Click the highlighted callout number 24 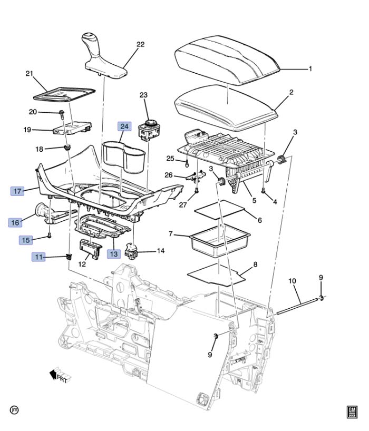[x=124, y=126]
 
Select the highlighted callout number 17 [x=18, y=191]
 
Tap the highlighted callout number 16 [x=15, y=222]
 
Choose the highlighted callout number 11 [x=38, y=257]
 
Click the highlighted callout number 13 [x=114, y=253]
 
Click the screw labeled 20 [x=62, y=112]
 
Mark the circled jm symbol [x=14, y=409]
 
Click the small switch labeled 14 [x=133, y=251]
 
